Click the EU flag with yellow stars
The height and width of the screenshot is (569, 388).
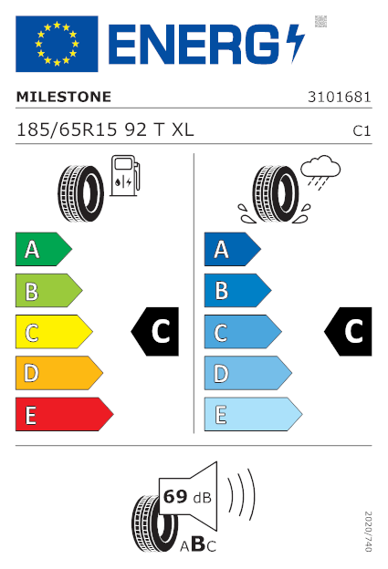(x=57, y=44)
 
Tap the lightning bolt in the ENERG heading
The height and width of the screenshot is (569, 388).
(x=295, y=43)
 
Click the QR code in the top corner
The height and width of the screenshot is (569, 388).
(x=320, y=21)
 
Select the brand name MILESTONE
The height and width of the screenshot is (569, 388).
(x=64, y=97)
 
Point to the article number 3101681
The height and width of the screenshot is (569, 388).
(x=340, y=98)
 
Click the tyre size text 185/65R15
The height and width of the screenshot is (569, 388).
(x=68, y=129)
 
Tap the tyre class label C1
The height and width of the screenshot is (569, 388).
(x=362, y=131)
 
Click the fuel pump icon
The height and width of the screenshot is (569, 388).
(x=125, y=176)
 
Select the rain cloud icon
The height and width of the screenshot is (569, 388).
(x=320, y=172)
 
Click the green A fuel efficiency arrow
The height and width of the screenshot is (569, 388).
(x=44, y=249)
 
